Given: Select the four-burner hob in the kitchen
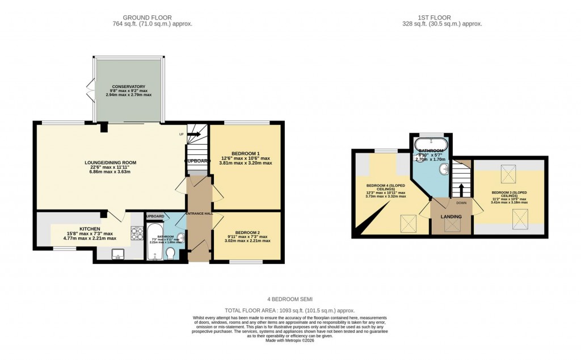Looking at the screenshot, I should tap(137, 233).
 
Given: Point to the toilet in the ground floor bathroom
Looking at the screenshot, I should tap(170, 253).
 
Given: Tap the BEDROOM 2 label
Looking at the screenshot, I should tap(247, 232).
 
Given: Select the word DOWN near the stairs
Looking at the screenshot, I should tap(461, 202).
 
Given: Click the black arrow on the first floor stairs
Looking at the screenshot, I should tap(461, 189).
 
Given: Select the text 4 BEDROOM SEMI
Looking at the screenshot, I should tap(290, 299).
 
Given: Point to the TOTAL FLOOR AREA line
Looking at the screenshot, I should tap(290, 311).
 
